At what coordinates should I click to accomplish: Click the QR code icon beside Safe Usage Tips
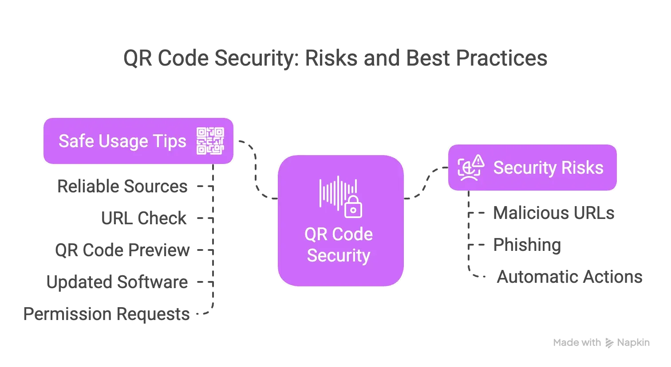click(x=210, y=141)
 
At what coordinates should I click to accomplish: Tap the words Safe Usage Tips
click(x=122, y=141)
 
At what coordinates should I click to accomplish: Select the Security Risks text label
click(x=548, y=168)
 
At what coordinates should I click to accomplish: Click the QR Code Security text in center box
click(x=339, y=245)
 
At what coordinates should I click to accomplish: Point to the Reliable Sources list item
click(x=122, y=187)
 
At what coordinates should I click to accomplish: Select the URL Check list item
click(x=144, y=219)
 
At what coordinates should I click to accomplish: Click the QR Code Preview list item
click(x=122, y=251)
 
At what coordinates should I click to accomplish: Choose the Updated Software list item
click(x=117, y=283)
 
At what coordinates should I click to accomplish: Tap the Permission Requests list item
click(x=106, y=314)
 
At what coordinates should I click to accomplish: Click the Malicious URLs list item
click(x=553, y=214)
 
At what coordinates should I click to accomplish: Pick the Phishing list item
click(x=527, y=246)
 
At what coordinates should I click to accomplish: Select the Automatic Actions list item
click(x=568, y=277)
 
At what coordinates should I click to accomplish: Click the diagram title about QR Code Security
click(x=335, y=59)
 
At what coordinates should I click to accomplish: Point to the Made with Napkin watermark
click(x=601, y=343)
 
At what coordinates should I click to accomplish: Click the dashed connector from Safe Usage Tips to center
click(x=256, y=168)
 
